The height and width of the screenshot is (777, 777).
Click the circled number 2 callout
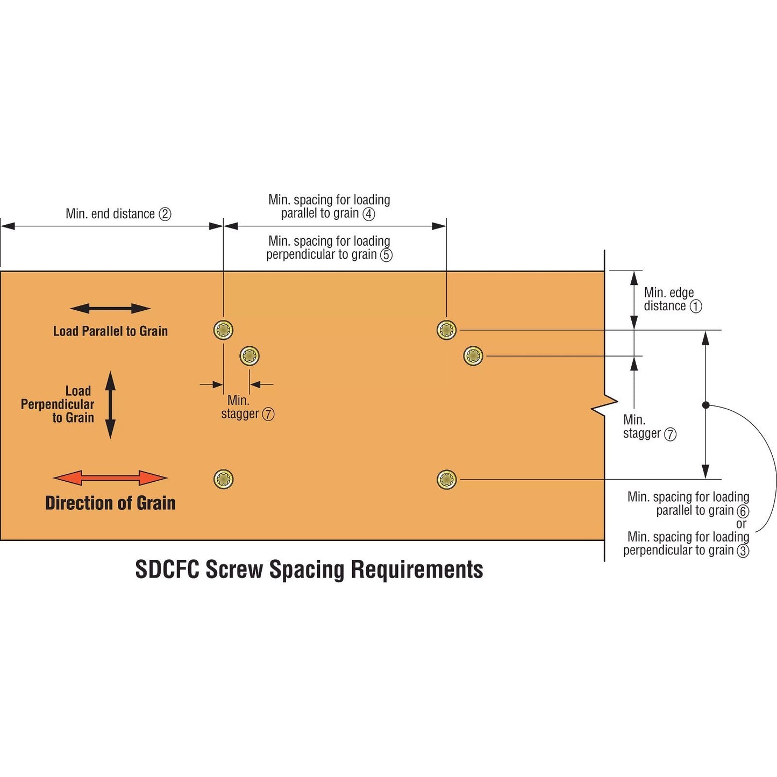pyautogui.click(x=165, y=214)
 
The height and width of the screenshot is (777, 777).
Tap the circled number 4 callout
pyautogui.click(x=368, y=214)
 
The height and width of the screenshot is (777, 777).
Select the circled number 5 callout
pyautogui.click(x=386, y=255)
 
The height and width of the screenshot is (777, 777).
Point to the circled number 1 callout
pyautogui.click(x=696, y=306)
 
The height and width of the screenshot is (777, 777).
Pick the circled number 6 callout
pyautogui.click(x=743, y=511)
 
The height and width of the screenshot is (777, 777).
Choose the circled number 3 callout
pyautogui.click(x=743, y=551)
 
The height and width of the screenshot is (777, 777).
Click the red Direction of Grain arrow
pyautogui.click(x=110, y=477)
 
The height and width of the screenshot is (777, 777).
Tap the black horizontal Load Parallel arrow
pyautogui.click(x=110, y=308)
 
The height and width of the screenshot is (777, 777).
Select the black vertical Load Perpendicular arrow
pyautogui.click(x=110, y=404)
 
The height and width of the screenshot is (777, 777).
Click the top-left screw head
pyautogui.click(x=223, y=330)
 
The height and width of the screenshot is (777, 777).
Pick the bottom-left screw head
pyautogui.click(x=223, y=479)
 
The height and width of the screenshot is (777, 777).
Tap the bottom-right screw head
pyautogui.click(x=447, y=479)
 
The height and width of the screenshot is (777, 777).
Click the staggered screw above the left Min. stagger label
pyautogui.click(x=250, y=356)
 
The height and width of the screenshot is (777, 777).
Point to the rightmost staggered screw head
pyautogui.click(x=473, y=356)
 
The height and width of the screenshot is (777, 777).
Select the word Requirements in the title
pyautogui.click(x=417, y=569)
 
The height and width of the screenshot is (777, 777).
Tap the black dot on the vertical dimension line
pyautogui.click(x=706, y=405)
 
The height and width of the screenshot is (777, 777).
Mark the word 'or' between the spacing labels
pyautogui.click(x=741, y=524)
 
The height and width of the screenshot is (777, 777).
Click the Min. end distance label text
pyautogui.click(x=110, y=214)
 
